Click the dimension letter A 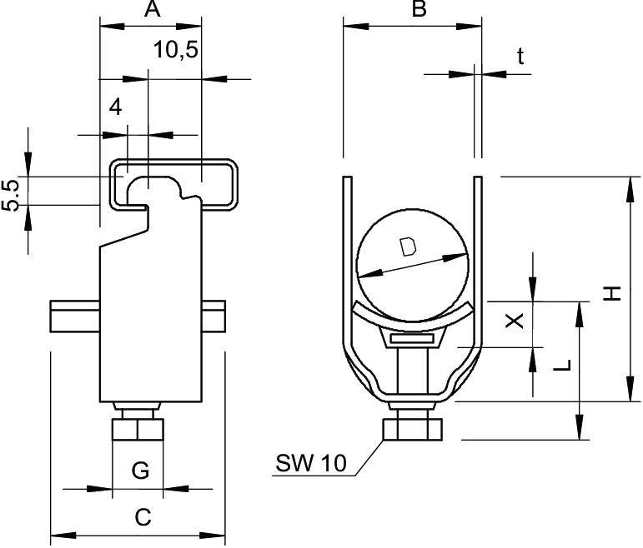151,10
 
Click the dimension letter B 419,10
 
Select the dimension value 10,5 176,51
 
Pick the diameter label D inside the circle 408,247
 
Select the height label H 613,292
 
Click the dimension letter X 516,321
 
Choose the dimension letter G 140,471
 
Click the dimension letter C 143,517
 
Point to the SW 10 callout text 309,464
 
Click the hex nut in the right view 411,430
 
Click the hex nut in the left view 138,431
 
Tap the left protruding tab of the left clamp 74,318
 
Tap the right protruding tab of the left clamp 214,318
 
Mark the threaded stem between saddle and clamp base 410,371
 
